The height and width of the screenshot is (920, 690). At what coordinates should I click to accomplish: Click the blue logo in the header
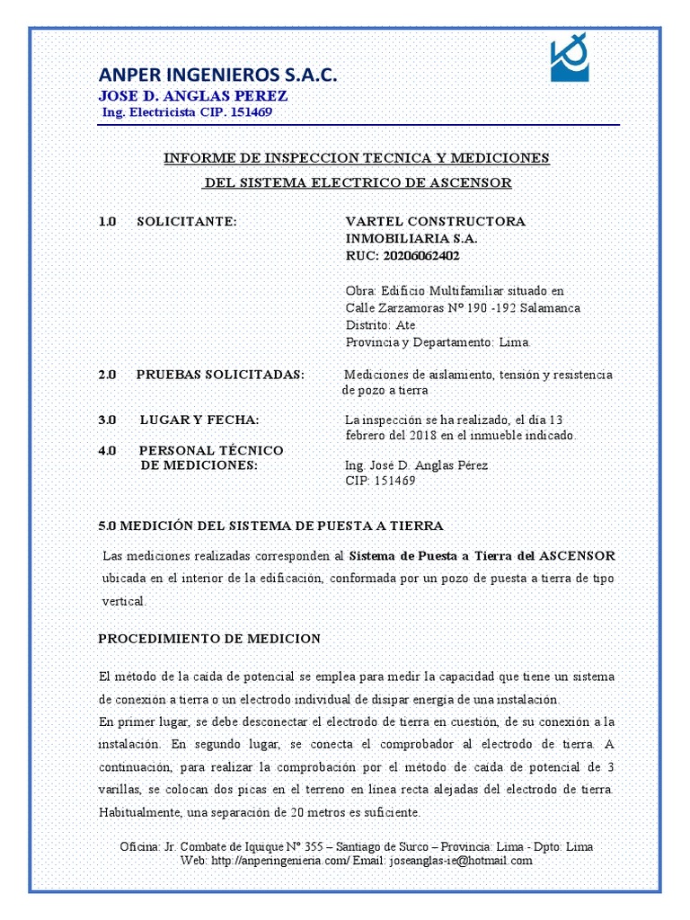(x=570, y=60)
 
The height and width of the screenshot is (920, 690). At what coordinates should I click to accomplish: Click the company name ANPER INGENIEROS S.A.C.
(x=218, y=75)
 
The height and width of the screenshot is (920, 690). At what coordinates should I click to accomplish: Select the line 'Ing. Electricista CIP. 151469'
(x=189, y=113)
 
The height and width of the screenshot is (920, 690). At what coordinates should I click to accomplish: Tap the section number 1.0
(x=108, y=221)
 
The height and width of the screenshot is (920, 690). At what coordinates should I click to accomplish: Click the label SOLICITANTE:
(x=186, y=221)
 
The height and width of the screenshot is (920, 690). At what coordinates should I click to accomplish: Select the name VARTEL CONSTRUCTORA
(x=436, y=221)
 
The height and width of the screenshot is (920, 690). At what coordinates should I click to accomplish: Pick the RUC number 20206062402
(x=420, y=255)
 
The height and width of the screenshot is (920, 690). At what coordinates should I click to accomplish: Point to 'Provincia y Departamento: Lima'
(x=438, y=342)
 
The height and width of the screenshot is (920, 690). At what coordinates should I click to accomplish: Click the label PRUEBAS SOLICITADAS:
(x=220, y=375)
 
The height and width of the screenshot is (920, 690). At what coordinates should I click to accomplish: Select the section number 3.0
(x=108, y=420)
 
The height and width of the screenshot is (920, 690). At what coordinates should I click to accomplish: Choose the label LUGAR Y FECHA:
(x=199, y=420)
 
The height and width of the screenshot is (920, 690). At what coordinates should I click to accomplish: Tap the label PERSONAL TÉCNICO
(x=210, y=450)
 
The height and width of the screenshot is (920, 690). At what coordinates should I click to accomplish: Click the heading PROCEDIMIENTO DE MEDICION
(x=208, y=639)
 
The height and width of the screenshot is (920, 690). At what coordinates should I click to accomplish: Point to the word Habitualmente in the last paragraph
(x=143, y=812)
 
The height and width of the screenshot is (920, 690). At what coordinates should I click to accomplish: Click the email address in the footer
(x=461, y=860)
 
